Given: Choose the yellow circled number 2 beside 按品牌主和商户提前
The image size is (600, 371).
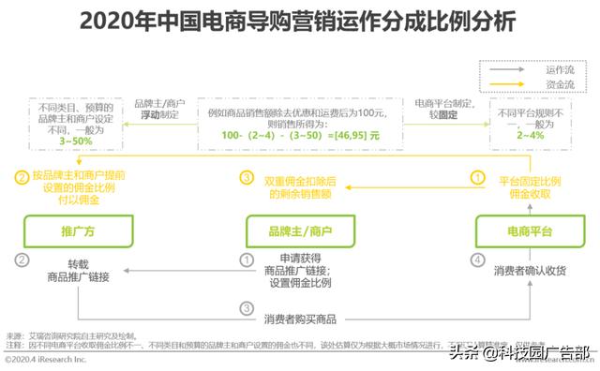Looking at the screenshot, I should pos(21,174).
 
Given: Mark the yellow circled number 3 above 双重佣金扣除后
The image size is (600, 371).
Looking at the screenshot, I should pos(247,175).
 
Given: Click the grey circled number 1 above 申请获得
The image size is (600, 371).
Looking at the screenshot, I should pos(247,259).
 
